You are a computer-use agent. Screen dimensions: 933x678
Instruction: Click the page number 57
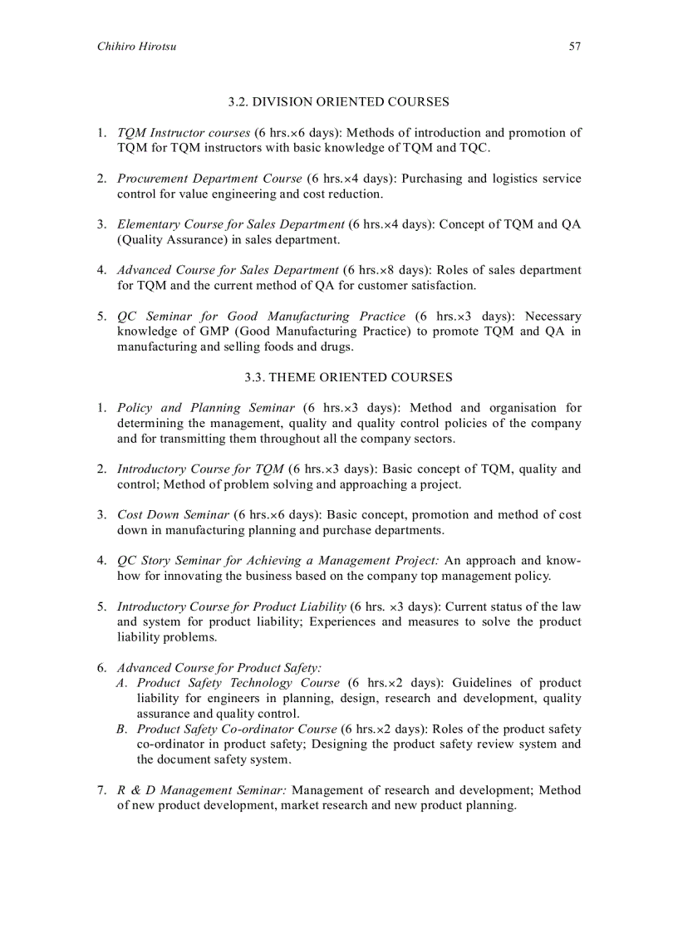tap(574, 47)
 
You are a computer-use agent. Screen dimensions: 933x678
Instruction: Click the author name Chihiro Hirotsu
tap(136, 47)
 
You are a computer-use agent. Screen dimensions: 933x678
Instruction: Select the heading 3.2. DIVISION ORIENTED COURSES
tap(339, 102)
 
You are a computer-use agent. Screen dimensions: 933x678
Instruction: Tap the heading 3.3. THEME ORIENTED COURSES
tap(348, 377)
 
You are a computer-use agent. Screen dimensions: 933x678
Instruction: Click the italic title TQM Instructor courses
tap(184, 133)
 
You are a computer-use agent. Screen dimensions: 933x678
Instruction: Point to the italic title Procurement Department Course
tap(209, 179)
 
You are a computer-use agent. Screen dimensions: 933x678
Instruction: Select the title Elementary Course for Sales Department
tap(230, 224)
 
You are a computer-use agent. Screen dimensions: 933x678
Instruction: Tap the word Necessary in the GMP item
tap(553, 317)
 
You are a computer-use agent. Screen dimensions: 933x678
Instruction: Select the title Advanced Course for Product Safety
tap(219, 668)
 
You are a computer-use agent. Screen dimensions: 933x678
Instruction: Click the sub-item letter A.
tap(122, 683)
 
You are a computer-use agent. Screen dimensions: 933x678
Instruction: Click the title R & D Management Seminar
tap(202, 790)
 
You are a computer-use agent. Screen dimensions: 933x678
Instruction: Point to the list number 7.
tap(101, 790)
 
